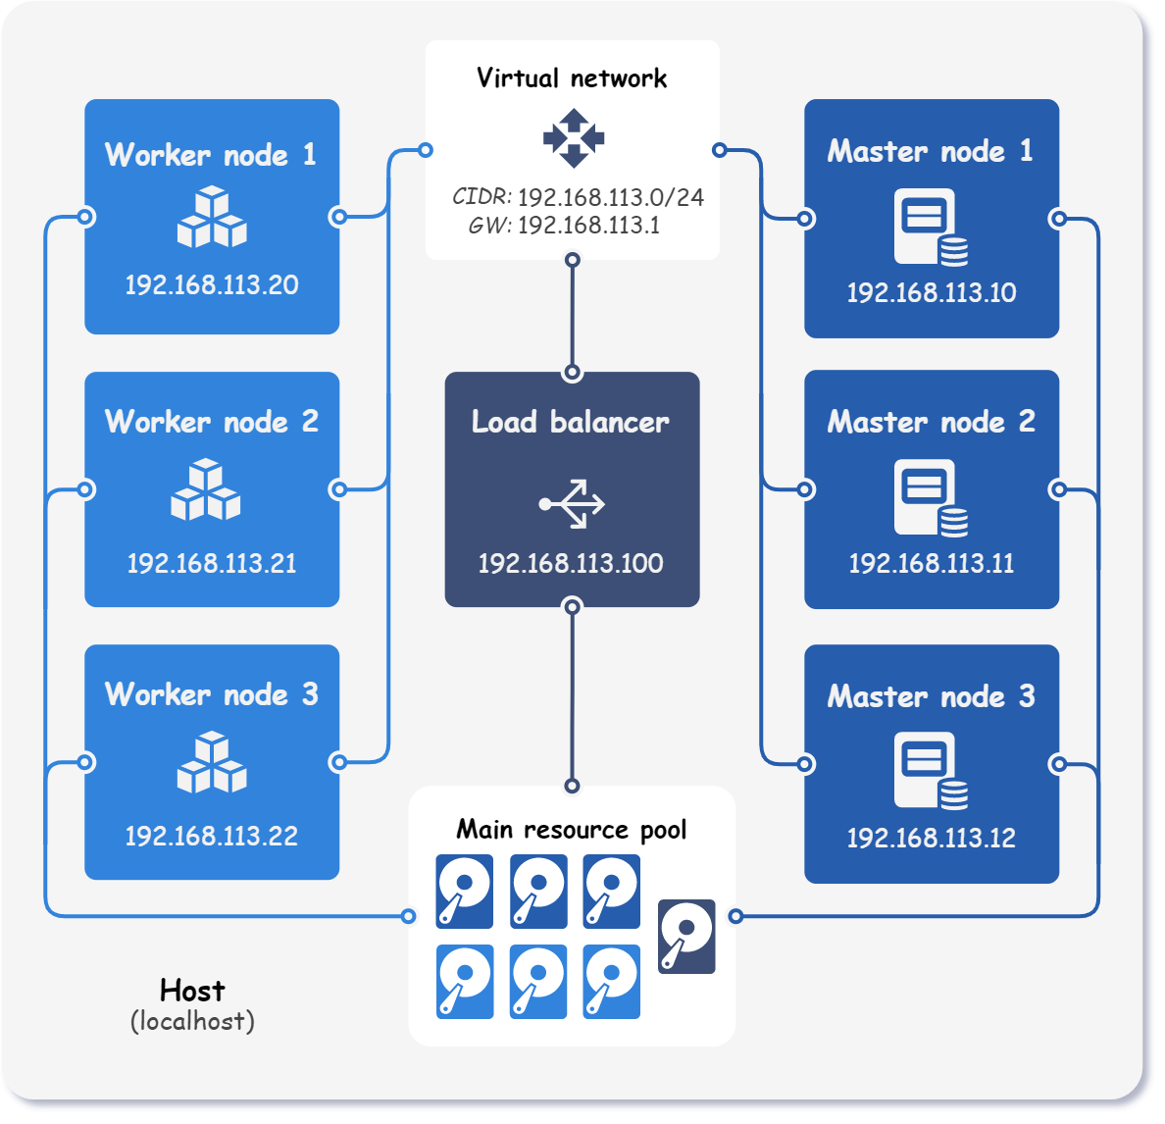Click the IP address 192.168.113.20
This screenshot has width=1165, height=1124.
pos(212,285)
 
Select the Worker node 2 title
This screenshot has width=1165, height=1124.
pos(212,422)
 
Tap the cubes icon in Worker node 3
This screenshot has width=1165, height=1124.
pos(212,762)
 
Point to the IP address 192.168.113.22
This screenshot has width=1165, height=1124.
pos(212,837)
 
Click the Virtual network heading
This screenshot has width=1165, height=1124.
pos(572,78)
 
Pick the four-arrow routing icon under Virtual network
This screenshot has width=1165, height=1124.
pos(574,138)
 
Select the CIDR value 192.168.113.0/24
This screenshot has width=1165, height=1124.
pos(610,197)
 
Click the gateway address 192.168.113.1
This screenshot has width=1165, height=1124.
pos(588,226)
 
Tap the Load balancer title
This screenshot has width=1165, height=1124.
pos(571,422)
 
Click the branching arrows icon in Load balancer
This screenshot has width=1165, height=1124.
pos(573,504)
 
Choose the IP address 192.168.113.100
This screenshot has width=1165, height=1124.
pos(571,564)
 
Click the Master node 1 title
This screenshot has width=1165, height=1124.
pos(930,151)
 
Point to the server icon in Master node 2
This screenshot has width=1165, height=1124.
pos(931,498)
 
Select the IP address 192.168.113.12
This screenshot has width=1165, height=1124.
pos(931,839)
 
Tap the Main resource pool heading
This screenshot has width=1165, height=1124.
pos(572,830)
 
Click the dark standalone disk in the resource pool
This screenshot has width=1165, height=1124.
pos(686,937)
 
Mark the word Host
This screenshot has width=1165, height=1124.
pos(192,991)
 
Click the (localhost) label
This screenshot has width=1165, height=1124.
pos(192,1021)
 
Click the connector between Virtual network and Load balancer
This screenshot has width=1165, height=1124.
pos(573,316)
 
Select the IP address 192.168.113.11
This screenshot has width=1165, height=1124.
pos(931,564)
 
